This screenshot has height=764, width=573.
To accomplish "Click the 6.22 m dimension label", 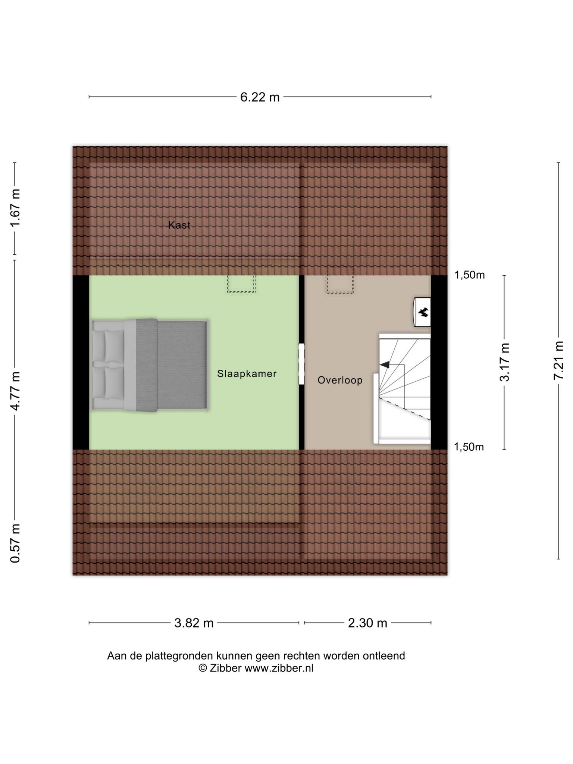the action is [x=260, y=97].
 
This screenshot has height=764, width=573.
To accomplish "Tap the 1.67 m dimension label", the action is [x=15, y=208].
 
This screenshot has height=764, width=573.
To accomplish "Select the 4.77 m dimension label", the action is [x=15, y=391].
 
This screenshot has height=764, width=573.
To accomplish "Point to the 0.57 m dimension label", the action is [x=15, y=543].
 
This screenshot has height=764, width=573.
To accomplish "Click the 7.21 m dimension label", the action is [x=558, y=361].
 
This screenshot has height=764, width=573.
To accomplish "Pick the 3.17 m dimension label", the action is [x=504, y=362].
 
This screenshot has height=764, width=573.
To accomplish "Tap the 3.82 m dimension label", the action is [x=194, y=623].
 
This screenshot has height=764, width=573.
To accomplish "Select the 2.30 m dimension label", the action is [x=367, y=623].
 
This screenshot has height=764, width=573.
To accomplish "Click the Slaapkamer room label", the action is [x=247, y=373].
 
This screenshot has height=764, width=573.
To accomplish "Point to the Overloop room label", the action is [x=340, y=380].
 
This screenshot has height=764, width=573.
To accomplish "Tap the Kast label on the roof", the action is [x=179, y=225].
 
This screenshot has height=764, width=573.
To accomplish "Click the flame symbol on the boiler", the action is [x=423, y=312].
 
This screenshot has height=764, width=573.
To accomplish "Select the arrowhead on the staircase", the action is [x=385, y=364].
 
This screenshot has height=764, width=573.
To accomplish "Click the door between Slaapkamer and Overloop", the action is [x=301, y=364].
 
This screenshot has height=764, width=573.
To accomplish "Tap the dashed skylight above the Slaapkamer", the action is [x=241, y=279].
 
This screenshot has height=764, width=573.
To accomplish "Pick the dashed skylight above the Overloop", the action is [x=339, y=280].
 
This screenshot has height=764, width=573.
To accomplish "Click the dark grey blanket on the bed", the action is [x=172, y=366].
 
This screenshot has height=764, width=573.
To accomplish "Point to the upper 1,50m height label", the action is [x=469, y=275].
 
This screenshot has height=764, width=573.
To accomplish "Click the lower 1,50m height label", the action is [x=469, y=447].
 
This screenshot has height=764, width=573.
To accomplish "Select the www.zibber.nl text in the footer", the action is [x=279, y=668].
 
